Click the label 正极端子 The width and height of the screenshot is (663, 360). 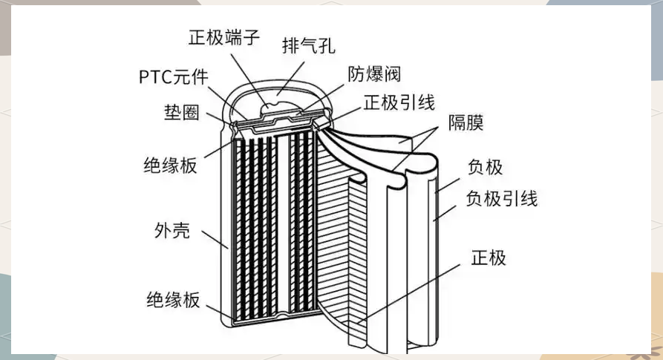coord(224,36)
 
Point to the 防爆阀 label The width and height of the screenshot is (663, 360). coord(375,74)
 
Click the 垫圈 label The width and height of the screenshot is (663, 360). coord(181,113)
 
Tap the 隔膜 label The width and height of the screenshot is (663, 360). coord(466,123)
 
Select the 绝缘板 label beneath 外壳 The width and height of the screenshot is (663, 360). coord(172,300)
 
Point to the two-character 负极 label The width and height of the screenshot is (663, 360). coord(485,167)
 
